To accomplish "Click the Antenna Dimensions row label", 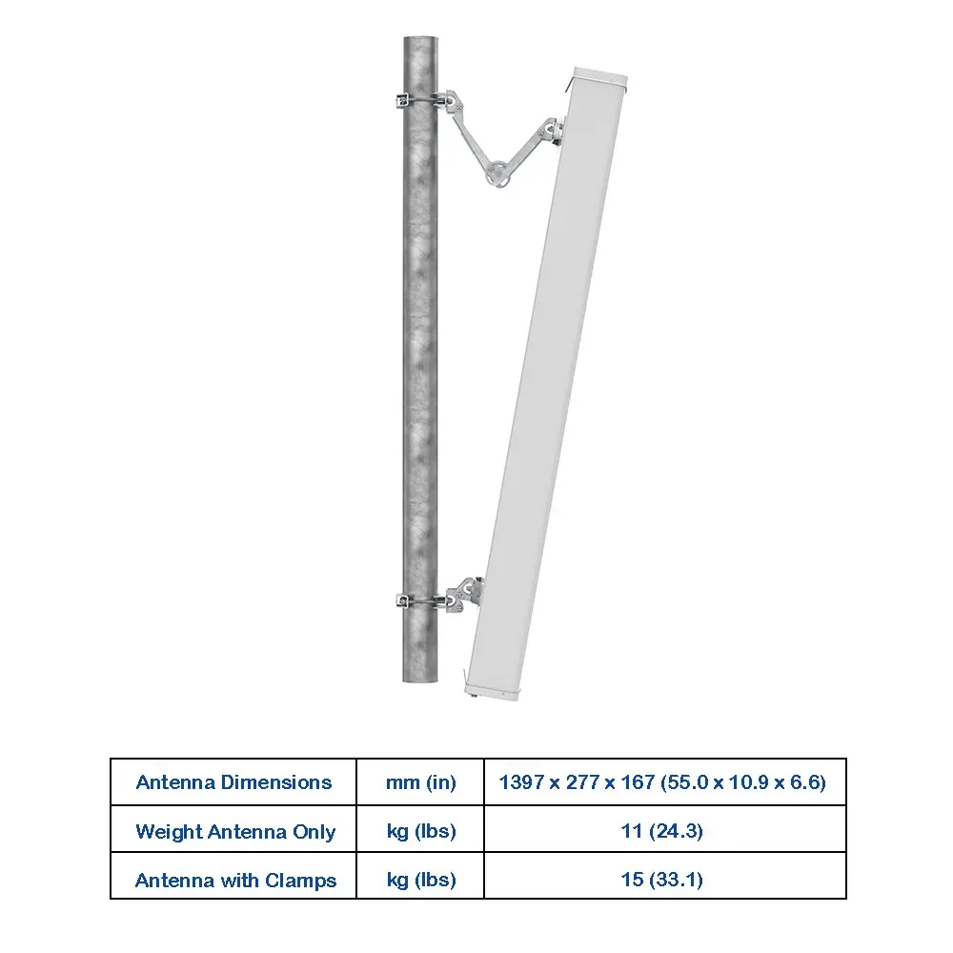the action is [x=234, y=782].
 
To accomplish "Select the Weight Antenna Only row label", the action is [x=235, y=831].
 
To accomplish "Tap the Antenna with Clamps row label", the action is [x=235, y=880].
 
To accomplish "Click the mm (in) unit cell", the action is [x=420, y=782].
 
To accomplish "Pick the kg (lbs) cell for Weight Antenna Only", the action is [x=421, y=831].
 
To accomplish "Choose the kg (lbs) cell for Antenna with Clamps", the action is [x=421, y=880].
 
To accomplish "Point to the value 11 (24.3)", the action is [x=662, y=831].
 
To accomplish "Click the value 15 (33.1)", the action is [x=662, y=880].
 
